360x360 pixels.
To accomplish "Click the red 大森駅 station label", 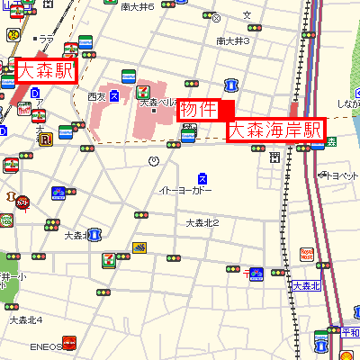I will pos(46,70).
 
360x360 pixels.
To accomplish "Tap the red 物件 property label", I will pos(198,109).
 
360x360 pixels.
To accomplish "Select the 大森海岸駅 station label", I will pos(274,130).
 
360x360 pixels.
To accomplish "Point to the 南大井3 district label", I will pos(232,40).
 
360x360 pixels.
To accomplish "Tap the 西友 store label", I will pos(97,96).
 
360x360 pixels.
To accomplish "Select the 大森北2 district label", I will pos(202,222).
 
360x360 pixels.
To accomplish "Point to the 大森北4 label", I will pos(25,319).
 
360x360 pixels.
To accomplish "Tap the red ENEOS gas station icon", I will pos(68,344).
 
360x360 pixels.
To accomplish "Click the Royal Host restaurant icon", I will pos(307,255).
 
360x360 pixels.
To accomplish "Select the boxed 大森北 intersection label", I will pos(306,286).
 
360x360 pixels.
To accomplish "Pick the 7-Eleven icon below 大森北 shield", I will pos(109,258).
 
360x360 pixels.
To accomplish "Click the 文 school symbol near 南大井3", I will pos(247,15).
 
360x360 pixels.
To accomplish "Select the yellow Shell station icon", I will pos(322,343).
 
